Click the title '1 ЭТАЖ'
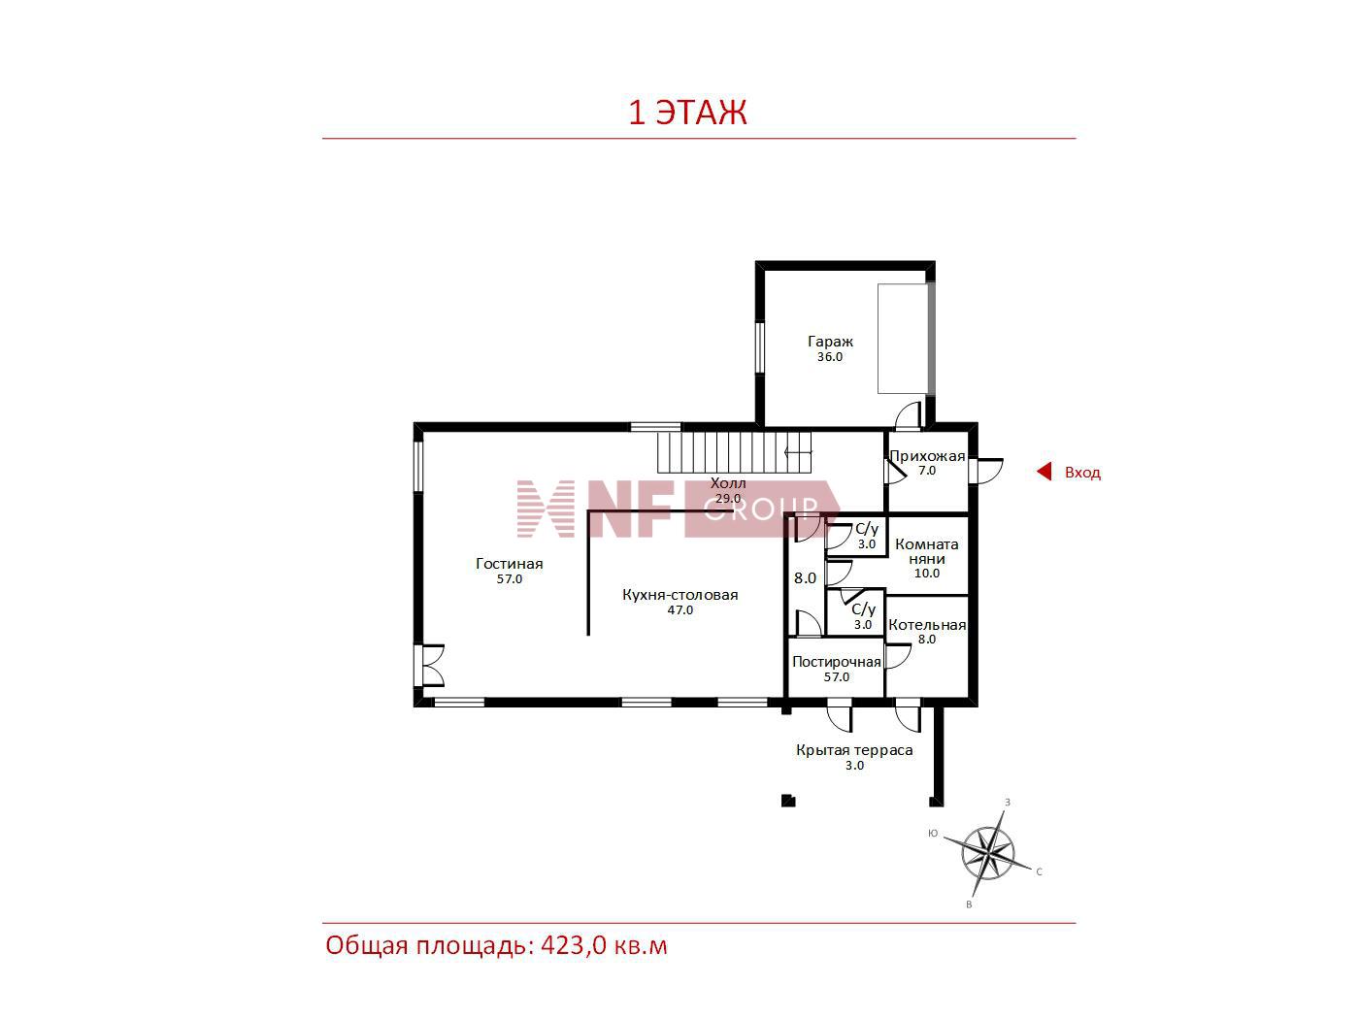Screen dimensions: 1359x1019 687,113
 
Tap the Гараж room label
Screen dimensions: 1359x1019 830,342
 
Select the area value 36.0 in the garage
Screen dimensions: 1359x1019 830,357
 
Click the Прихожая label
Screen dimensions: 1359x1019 927,456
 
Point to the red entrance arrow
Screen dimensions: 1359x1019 1044,472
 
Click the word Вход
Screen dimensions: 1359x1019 1082,473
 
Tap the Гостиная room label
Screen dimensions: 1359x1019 509,564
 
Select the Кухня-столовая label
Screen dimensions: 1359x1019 679,595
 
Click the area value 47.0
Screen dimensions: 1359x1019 679,610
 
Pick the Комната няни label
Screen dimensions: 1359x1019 927,552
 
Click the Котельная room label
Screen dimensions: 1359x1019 927,625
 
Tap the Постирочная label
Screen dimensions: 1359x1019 837,662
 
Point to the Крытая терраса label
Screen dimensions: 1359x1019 854,750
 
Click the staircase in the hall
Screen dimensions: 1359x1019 734,452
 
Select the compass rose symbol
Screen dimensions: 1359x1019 987,854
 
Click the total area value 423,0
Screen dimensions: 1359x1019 563,946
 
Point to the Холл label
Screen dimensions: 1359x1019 728,483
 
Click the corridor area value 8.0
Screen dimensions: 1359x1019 805,578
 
